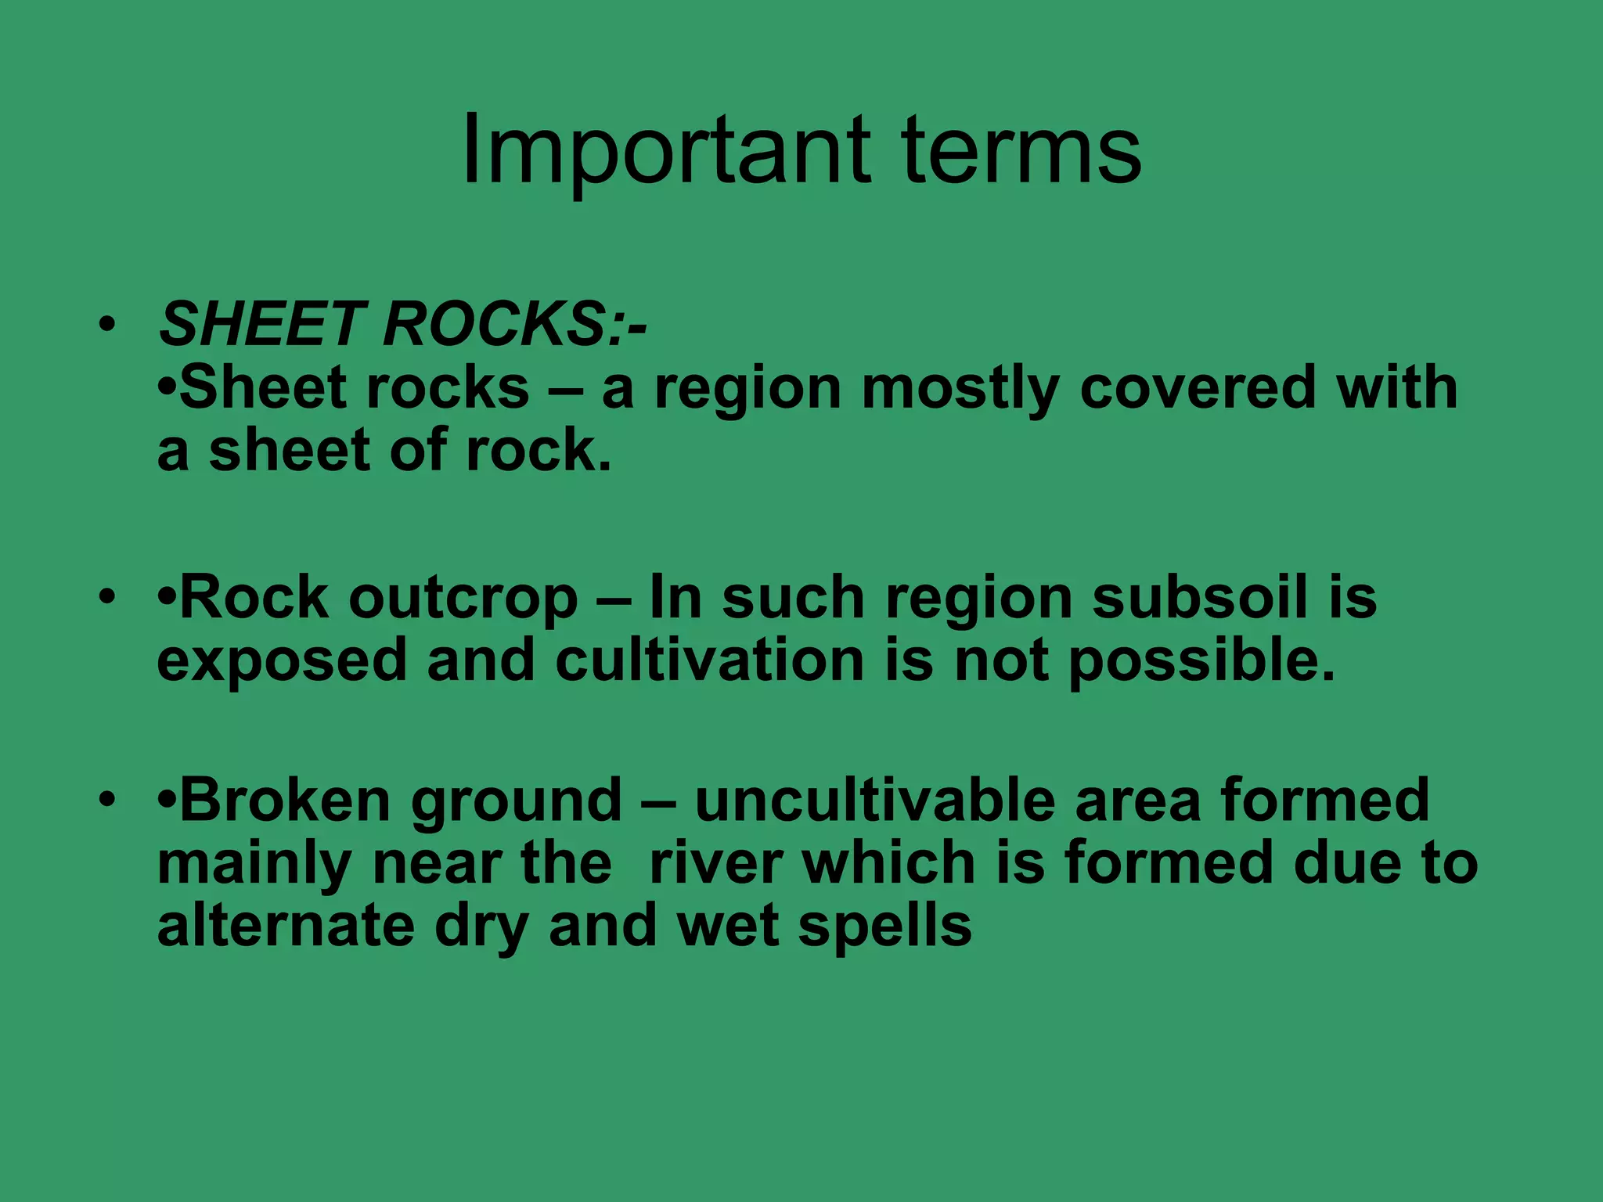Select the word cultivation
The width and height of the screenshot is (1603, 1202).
(x=709, y=660)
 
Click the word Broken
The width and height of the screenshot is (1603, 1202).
(x=283, y=800)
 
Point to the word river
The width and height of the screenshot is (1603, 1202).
(x=715, y=863)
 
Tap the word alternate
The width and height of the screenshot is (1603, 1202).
(x=285, y=926)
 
